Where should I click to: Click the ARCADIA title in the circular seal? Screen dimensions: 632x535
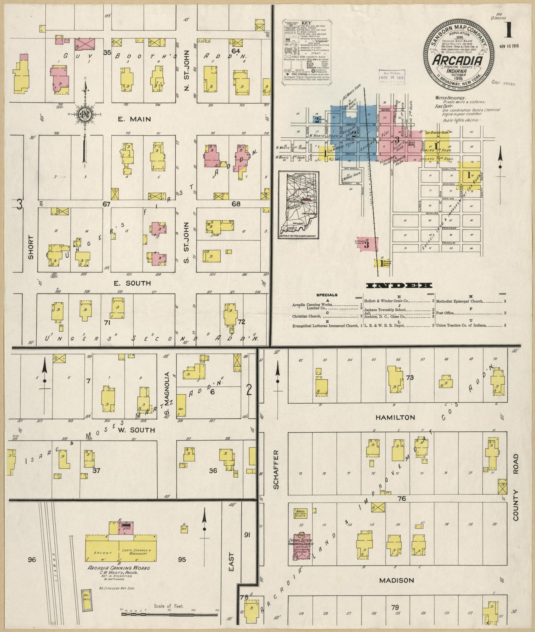click(x=457, y=61)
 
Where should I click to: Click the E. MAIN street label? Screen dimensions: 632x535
click(x=134, y=119)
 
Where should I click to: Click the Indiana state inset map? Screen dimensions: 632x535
click(x=299, y=205)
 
